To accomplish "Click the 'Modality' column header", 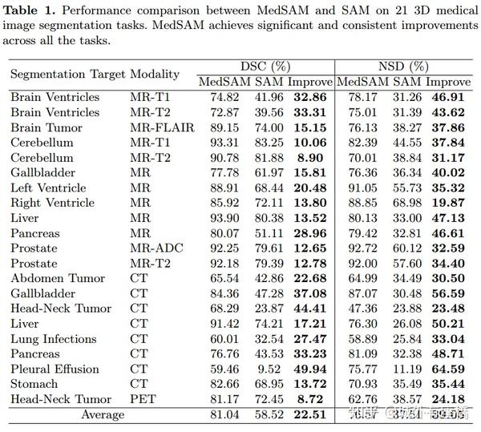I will click(x=154, y=74).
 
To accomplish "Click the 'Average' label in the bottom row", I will click(x=102, y=415).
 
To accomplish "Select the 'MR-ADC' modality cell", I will click(x=156, y=248).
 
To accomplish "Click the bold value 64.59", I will click(x=448, y=369).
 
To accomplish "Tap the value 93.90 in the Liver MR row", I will click(x=224, y=218).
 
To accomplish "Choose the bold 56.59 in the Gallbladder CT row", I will click(x=448, y=293).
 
